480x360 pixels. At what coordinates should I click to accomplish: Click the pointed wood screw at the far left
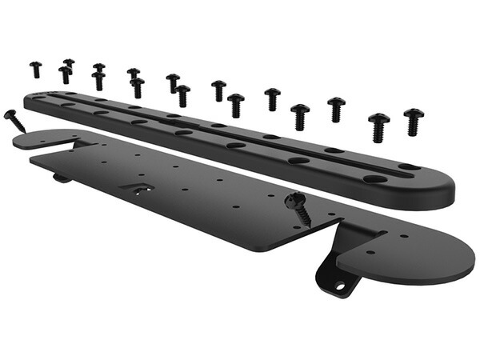[x=15, y=121]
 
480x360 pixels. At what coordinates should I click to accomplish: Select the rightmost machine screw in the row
[x=413, y=122]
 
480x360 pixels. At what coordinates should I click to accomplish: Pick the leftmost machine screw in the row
[x=35, y=69]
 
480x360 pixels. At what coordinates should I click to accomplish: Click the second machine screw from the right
[x=378, y=127]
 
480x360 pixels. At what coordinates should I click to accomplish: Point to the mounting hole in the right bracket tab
[x=342, y=283]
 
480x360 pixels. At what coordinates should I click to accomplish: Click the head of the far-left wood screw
[x=10, y=114]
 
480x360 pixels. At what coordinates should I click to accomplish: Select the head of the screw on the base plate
[x=294, y=198]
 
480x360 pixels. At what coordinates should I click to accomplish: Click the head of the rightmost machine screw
[x=413, y=114]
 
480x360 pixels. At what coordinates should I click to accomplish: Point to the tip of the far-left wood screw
[x=24, y=130]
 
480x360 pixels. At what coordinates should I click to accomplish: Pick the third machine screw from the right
[x=336, y=108]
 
